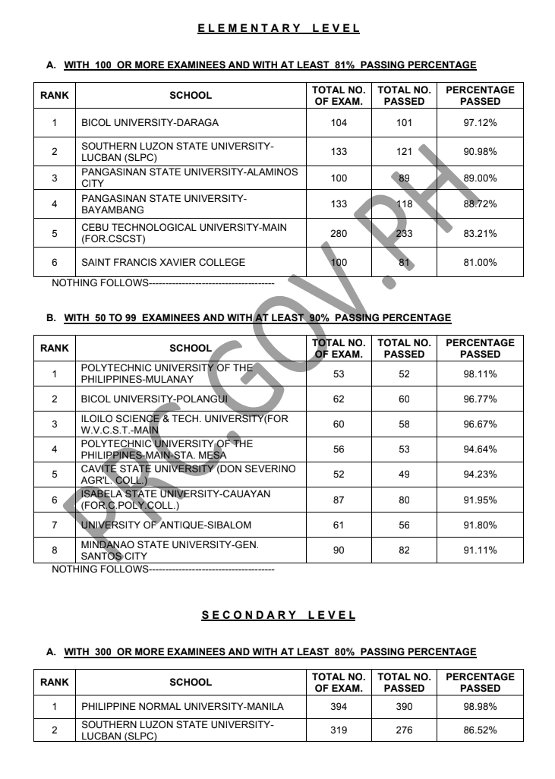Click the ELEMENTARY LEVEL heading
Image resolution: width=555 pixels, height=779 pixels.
tap(279, 29)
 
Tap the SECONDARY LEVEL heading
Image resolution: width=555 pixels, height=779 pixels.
tap(279, 615)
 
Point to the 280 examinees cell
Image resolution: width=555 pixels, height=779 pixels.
tap(339, 233)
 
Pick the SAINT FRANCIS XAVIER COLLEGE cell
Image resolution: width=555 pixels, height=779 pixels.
tap(163, 263)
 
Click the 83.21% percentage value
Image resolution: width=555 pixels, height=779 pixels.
tap(480, 233)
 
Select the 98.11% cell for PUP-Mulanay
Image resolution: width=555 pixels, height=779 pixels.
tap(480, 374)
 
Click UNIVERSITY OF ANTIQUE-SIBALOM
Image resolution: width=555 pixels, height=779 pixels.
tap(166, 525)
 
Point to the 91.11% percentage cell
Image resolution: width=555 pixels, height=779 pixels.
tap(480, 550)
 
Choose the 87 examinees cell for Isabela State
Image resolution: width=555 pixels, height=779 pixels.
tap(339, 500)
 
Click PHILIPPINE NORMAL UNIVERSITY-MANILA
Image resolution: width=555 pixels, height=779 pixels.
tap(182, 707)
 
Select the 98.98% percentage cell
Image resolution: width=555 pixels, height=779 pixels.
tap(480, 707)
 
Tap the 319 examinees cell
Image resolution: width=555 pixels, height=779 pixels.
tap(339, 730)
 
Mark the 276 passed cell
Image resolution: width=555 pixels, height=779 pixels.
tap(404, 730)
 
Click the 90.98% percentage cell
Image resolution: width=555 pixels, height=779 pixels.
tap(480, 152)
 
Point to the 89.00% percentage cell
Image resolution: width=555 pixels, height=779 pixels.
tap(480, 178)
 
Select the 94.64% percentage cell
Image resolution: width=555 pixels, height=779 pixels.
tap(480, 449)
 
